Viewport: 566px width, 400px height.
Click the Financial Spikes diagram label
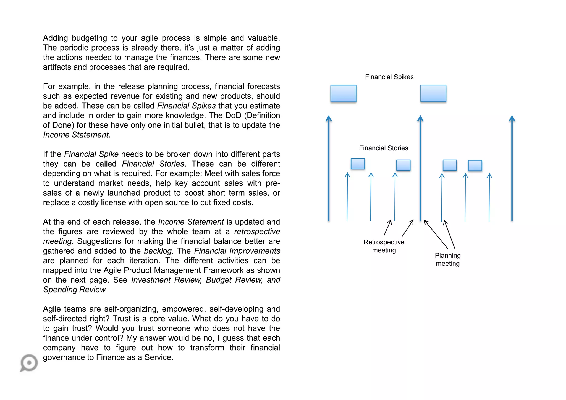pos(389,77)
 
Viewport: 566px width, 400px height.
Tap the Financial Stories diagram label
pos(383,148)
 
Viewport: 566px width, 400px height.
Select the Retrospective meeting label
pos(384,246)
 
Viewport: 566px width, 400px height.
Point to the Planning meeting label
pos(448,259)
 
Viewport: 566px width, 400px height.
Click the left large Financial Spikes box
pos(343,93)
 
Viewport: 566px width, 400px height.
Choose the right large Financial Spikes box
pos(433,93)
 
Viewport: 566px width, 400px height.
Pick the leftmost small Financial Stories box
pos(358,164)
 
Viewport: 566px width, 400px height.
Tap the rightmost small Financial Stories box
pos(475,165)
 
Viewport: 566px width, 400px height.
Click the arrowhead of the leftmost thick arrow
pos(329,119)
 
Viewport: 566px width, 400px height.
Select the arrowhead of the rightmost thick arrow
pos(512,119)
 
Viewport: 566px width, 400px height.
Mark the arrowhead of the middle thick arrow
pos(420,119)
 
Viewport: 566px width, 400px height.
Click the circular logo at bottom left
pos(29,363)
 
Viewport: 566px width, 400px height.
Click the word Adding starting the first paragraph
pos(56,38)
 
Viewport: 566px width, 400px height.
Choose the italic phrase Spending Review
pos(74,290)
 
